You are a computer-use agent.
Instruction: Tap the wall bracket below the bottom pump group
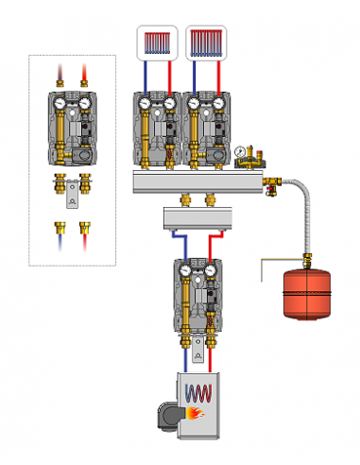(x=197, y=352)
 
